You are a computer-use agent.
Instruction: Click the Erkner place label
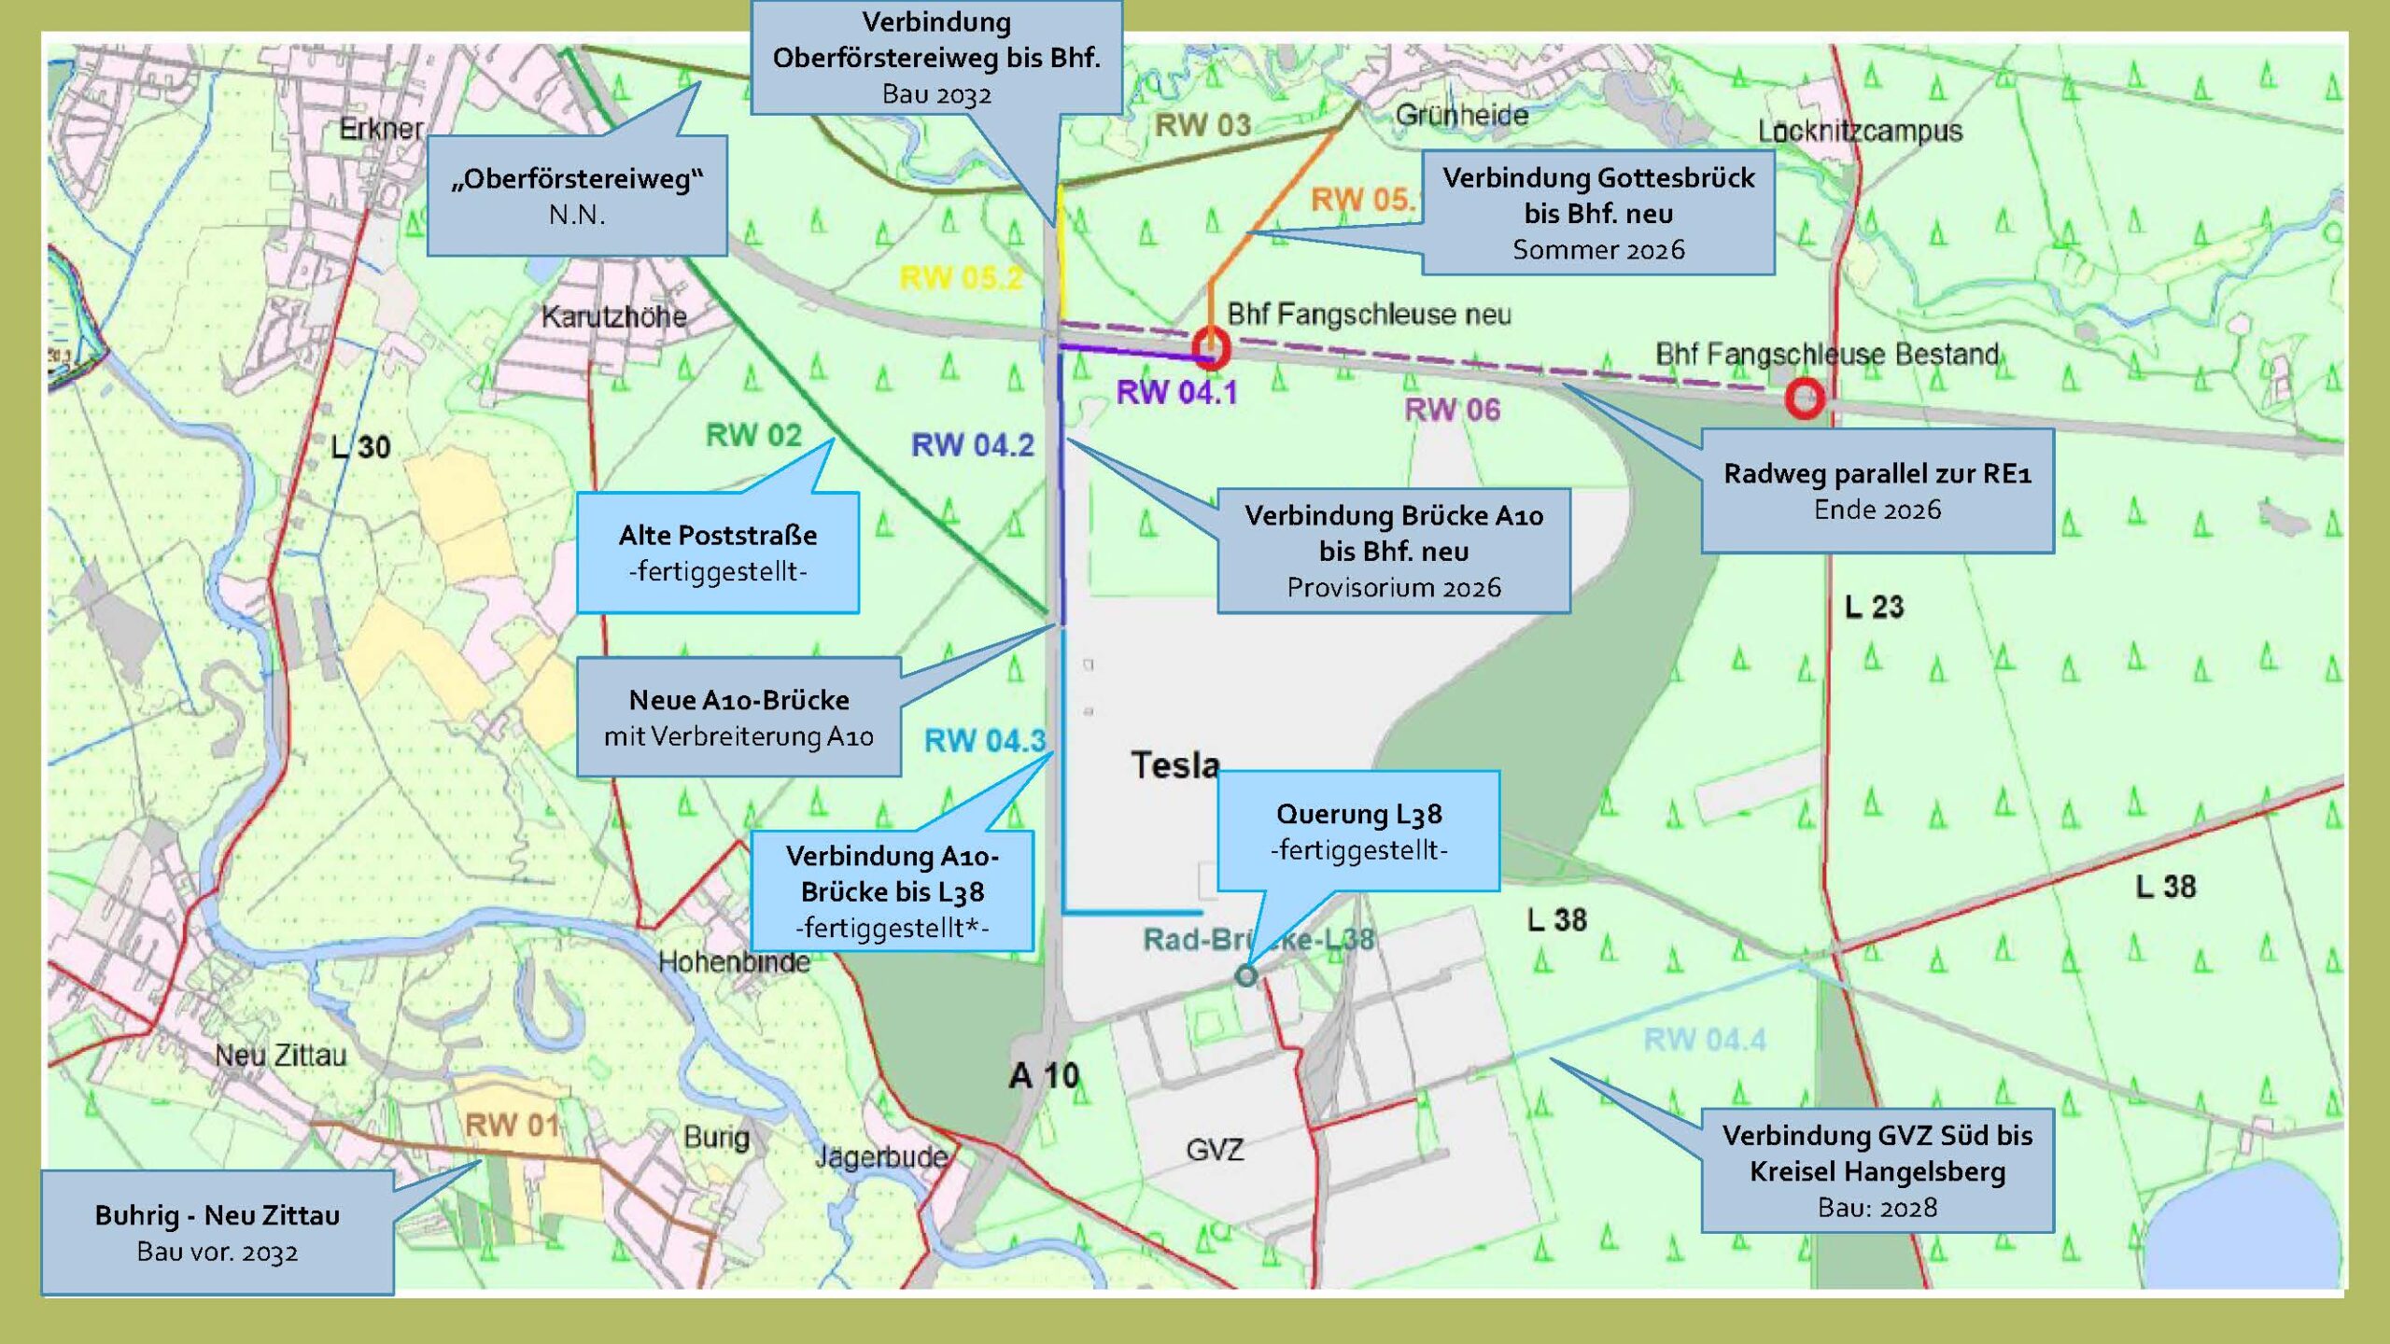381,128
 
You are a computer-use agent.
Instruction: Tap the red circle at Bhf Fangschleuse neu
1211,349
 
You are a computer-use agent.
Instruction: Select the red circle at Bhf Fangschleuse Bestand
1805,399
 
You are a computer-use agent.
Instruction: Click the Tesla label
1175,765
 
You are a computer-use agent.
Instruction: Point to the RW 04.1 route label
1176,393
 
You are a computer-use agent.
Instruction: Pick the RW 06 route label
1452,409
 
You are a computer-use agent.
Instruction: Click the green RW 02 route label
753,435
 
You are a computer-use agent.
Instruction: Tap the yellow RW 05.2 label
961,278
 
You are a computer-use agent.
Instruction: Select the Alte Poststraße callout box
717,553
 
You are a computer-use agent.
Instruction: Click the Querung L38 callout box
1358,831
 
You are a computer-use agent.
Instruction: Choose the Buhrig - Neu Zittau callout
217,1232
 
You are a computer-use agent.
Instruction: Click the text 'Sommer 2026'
1598,250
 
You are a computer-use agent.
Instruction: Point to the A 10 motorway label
1044,1076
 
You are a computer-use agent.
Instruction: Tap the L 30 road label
360,447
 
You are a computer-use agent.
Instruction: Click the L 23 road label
1874,607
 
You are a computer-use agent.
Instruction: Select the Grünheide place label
1462,115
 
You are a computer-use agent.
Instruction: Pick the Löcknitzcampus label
1860,131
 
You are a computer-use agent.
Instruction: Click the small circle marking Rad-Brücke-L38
1245,976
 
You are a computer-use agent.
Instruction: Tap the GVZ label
1215,1150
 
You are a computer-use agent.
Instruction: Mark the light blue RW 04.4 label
1705,1040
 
